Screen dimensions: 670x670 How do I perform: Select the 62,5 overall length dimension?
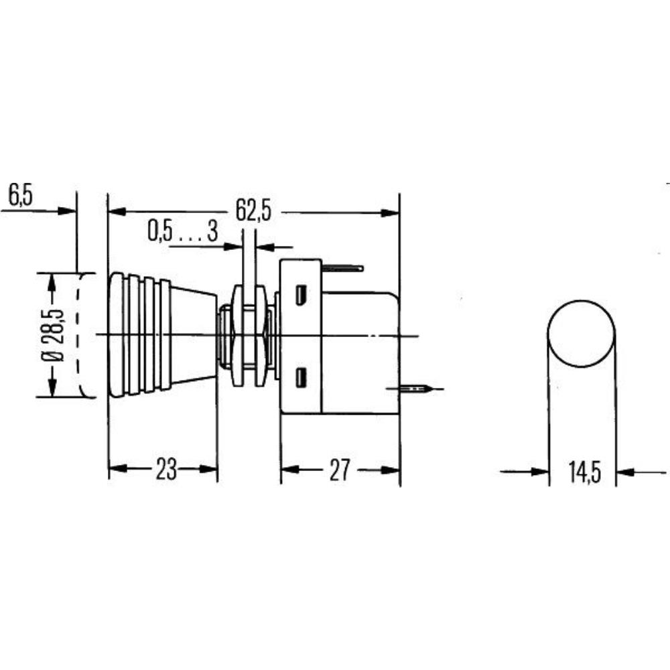pyautogui.click(x=253, y=211)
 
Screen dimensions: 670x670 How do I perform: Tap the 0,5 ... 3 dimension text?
pyautogui.click(x=182, y=232)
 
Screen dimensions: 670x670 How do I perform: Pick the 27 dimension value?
pyautogui.click(x=340, y=470)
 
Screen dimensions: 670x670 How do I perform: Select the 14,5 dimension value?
pyautogui.click(x=583, y=472)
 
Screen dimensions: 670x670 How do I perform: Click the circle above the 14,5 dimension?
pyautogui.click(x=581, y=334)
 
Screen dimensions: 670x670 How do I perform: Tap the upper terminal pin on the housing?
pyautogui.click(x=342, y=268)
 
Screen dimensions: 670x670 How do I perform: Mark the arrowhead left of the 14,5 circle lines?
pyautogui.click(x=540, y=472)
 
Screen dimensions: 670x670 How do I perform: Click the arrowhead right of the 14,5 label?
pyautogui.click(x=624, y=472)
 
